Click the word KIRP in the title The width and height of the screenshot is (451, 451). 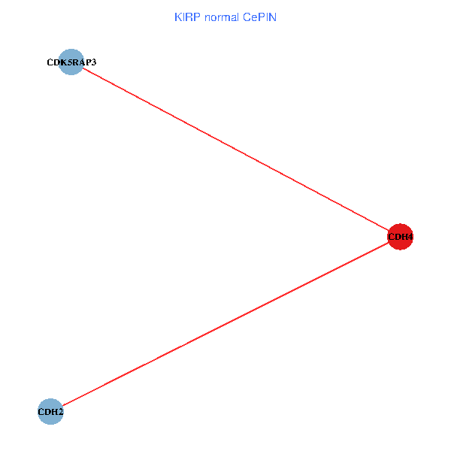[185, 17]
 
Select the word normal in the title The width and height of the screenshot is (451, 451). [220, 17]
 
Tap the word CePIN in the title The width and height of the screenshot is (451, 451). [259, 17]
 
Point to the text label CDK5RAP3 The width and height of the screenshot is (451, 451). [71, 62]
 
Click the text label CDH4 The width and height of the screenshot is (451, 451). [400, 238]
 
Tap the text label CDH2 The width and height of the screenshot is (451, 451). [50, 411]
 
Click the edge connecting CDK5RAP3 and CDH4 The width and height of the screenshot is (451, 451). [235, 150]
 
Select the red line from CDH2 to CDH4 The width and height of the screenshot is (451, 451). [225, 324]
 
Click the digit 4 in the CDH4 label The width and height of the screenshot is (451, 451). [410, 238]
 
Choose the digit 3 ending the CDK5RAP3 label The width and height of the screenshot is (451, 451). [93, 62]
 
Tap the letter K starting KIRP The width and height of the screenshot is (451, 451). [177, 17]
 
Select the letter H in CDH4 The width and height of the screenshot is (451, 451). [403, 238]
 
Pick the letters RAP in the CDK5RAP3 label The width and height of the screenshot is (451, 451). [81, 62]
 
